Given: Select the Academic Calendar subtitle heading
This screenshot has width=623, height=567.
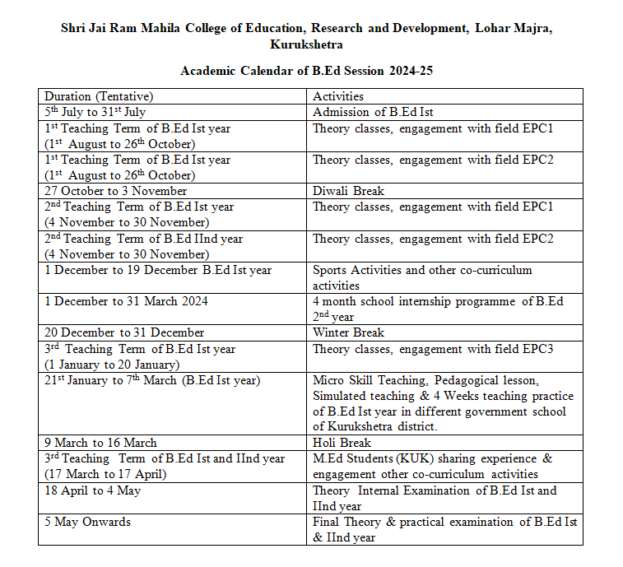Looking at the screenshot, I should click(306, 71).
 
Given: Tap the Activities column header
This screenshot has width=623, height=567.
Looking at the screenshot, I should click(338, 96).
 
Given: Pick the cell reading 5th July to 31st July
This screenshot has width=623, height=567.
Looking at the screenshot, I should click(95, 112).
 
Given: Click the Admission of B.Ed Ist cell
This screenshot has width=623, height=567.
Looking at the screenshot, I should click(373, 112).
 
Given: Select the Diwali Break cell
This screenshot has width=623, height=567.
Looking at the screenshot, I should click(348, 191).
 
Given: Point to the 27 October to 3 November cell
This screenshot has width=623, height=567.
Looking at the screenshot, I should click(116, 191).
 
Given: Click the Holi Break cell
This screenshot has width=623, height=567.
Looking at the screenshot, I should click(343, 443).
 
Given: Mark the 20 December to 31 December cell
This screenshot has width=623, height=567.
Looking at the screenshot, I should click(124, 332).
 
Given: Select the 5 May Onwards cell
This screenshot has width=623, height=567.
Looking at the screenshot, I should click(87, 522).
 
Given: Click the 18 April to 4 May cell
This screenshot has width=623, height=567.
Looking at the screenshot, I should click(93, 490).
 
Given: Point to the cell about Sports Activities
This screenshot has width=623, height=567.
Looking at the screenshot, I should click(422, 277).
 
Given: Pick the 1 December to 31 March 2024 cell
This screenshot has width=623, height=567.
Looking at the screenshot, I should click(126, 301).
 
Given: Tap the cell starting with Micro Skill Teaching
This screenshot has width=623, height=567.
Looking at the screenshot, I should click(443, 403).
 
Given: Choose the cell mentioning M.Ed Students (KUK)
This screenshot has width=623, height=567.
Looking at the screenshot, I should click(432, 466).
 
